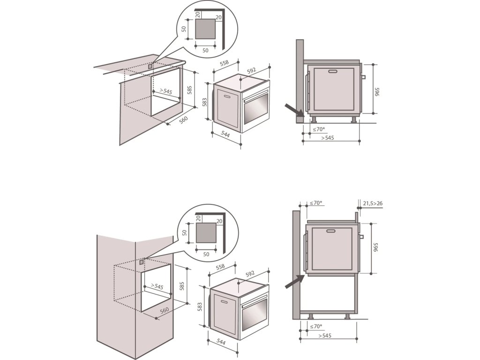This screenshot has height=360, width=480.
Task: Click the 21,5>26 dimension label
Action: pyautogui.click(x=373, y=203)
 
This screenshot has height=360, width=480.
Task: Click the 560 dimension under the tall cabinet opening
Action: pyautogui.click(x=164, y=310)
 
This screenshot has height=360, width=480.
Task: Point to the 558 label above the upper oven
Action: pyautogui.click(x=224, y=62)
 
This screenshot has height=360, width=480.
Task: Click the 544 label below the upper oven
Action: pyautogui.click(x=226, y=135)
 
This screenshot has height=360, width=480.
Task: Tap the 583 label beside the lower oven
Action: pyautogui.click(x=200, y=307)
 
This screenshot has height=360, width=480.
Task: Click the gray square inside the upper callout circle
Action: pyautogui.click(x=205, y=29)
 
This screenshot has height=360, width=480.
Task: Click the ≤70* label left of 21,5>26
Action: pyautogui.click(x=316, y=203)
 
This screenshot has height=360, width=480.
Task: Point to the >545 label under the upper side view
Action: pyautogui.click(x=327, y=138)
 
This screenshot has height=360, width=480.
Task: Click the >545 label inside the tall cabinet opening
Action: pyautogui.click(x=157, y=286)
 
